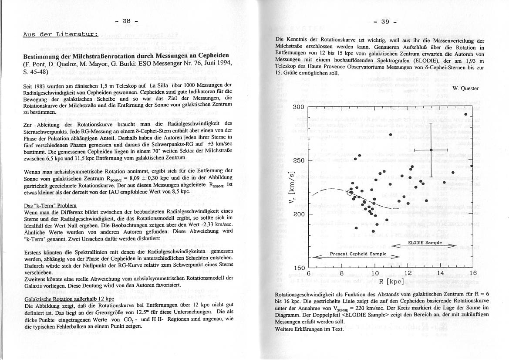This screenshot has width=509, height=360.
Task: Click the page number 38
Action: [x=127, y=20]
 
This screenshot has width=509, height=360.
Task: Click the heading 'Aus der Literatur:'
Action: [x=61, y=34]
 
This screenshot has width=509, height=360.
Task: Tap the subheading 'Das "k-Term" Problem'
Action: [x=51, y=205]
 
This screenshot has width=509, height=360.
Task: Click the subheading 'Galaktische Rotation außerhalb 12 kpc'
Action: [x=69, y=299]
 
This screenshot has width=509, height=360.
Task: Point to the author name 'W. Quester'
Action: [x=465, y=88]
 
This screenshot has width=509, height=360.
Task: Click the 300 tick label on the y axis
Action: [x=298, y=107]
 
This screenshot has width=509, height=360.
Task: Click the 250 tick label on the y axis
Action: [x=298, y=160]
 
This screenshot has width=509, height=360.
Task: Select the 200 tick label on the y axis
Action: [x=298, y=214]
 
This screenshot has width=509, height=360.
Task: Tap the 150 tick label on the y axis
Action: [x=298, y=268]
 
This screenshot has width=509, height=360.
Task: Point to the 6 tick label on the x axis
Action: [x=308, y=274]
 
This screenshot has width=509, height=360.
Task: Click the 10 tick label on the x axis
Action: [x=375, y=274]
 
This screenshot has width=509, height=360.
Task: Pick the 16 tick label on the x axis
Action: [x=473, y=274]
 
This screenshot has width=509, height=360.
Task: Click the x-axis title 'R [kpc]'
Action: [x=390, y=282]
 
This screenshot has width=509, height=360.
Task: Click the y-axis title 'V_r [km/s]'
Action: [x=292, y=187]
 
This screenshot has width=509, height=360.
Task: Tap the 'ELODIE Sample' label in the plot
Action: [x=425, y=243]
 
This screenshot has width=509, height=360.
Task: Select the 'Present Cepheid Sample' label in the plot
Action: [x=358, y=254]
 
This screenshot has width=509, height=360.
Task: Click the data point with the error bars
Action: [x=431, y=150]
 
